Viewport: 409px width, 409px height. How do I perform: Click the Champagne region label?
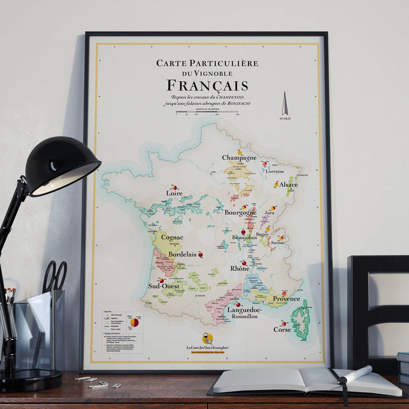coord(239,158)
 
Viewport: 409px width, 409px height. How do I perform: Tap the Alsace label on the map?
coord(288,185)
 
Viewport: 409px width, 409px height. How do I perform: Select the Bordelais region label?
coord(182,254)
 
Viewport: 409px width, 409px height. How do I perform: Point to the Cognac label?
coord(172,237)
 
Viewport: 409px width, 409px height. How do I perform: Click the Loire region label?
coord(174,193)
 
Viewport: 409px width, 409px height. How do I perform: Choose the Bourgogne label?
coord(240,212)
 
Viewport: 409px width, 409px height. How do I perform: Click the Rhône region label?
coord(239,268)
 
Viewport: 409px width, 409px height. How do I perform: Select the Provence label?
coord(286,299)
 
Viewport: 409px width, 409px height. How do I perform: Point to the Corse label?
coord(282,330)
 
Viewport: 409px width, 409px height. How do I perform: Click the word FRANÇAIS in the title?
coord(208,85)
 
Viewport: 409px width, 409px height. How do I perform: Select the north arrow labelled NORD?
coord(285,104)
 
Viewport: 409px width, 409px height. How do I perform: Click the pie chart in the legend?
coord(134,322)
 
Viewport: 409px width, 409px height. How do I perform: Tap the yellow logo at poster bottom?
coord(208,338)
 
